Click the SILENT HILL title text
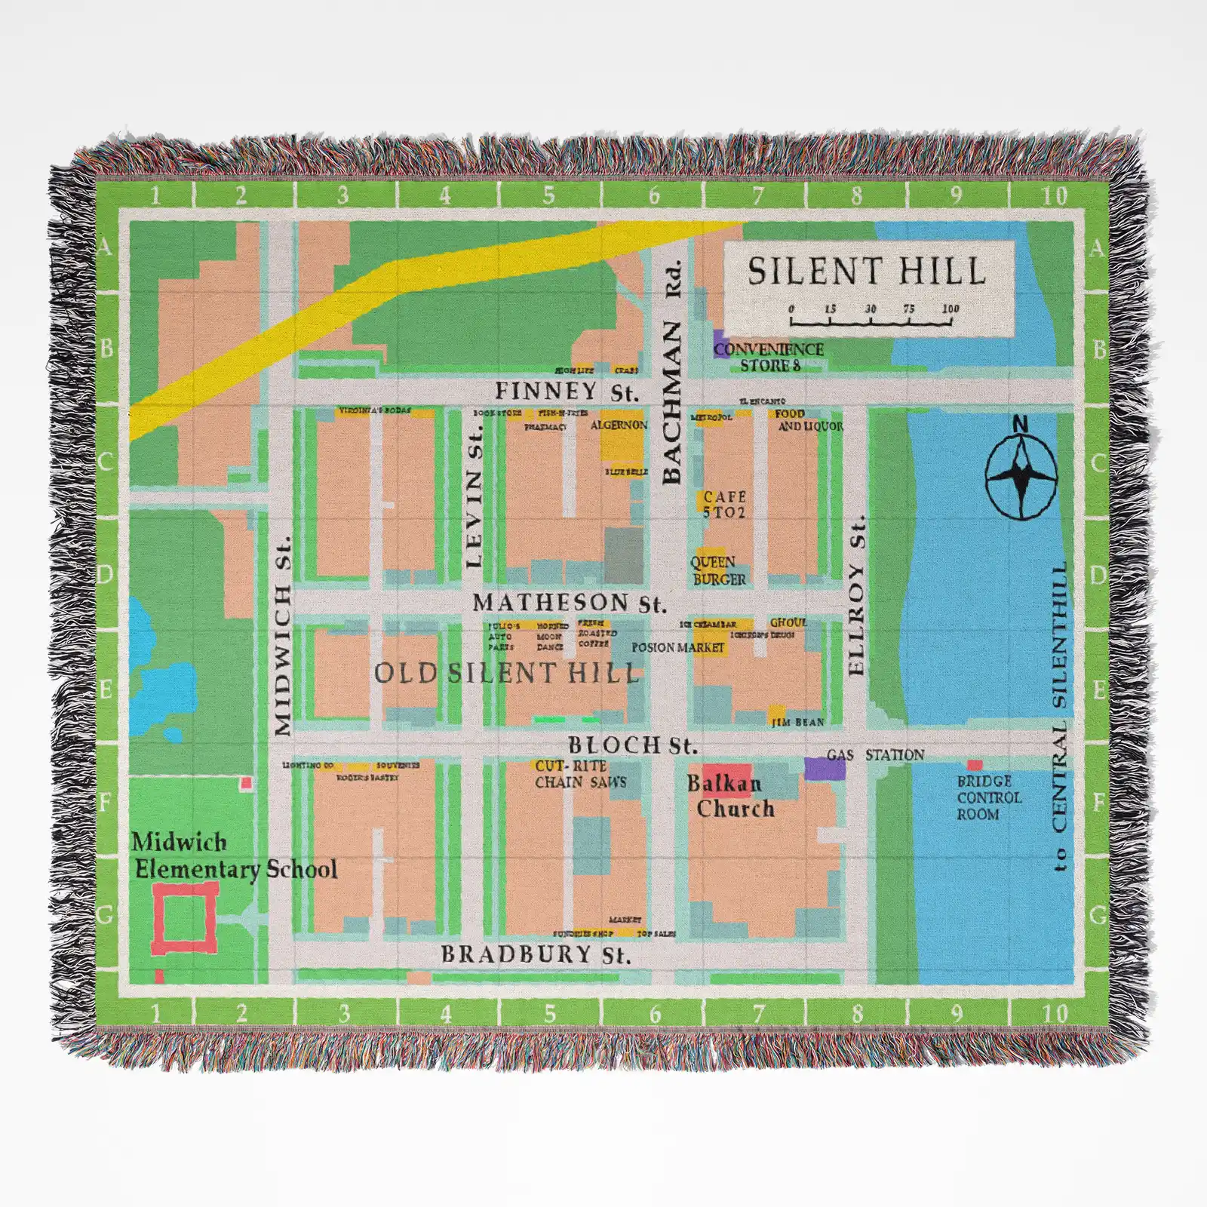tap(867, 272)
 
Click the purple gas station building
tap(824, 768)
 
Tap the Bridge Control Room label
tap(988, 797)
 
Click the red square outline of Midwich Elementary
tap(184, 918)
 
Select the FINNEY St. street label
tap(567, 392)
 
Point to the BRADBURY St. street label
tap(536, 954)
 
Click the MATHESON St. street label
tap(570, 603)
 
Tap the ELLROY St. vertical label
tap(856, 596)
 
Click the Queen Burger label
tap(718, 571)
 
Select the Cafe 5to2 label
tap(723, 504)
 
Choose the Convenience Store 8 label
tap(769, 357)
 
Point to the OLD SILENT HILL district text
tap(507, 673)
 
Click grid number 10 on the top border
tap(1055, 196)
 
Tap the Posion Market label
tap(677, 647)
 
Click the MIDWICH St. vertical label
tap(282, 636)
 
